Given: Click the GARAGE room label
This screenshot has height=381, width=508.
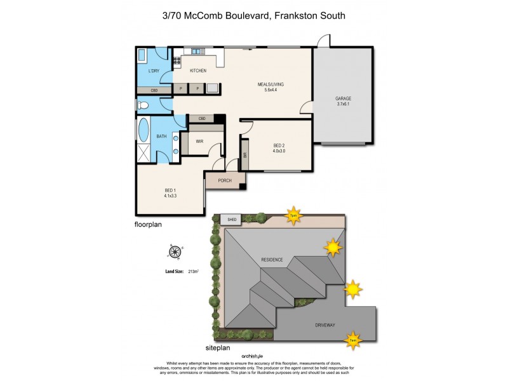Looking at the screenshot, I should point(343,98).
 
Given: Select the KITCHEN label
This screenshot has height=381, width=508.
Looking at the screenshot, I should point(197,70).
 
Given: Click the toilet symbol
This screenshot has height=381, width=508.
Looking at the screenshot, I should point(143,105).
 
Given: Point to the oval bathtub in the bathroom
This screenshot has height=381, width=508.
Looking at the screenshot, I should point(143,130).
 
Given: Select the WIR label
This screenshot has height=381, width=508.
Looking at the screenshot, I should point(199,142).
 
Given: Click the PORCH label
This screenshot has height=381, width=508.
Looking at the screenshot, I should point(224,181).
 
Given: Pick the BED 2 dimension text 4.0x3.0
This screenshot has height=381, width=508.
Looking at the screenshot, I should point(279,151).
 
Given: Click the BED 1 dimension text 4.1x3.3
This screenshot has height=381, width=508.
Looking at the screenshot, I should point(170,196).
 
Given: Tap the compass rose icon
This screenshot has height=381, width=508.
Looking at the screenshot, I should point(174,251).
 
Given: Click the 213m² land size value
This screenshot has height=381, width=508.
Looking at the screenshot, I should point(193,272).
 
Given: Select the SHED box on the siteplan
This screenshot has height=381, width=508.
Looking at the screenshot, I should point(232,220).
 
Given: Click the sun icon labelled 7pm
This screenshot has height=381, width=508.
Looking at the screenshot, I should point(293,214).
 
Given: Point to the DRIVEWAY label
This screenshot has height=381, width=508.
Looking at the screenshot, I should point(324,325).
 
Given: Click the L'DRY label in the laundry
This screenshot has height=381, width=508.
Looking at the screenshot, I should point(153,70).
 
